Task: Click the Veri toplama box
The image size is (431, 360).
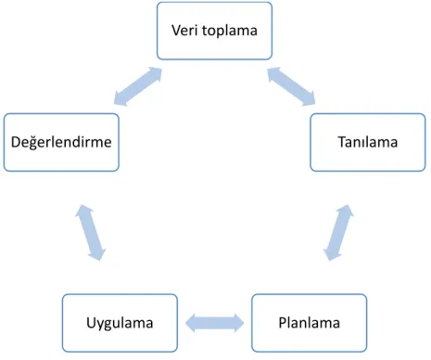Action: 214,31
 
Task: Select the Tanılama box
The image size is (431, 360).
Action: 368,142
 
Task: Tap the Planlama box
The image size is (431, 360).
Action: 310,323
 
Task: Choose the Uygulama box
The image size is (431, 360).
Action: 120,323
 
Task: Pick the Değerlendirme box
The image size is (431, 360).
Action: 61,142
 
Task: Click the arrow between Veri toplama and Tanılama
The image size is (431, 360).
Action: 291,86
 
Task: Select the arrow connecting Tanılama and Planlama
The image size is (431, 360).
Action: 338,232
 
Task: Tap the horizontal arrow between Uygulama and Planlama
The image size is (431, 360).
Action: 214,323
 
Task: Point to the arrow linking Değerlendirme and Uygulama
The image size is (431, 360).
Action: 90,232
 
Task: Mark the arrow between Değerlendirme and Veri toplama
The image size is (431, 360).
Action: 138,86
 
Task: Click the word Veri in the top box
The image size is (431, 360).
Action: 184,31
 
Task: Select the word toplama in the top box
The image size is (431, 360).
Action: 230,32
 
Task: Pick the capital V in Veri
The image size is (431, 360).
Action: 176,31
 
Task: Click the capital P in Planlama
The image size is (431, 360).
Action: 283,323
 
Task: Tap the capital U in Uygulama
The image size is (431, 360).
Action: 91,323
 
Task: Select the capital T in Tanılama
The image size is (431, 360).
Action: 343,142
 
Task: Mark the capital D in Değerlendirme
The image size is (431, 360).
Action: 16,142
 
